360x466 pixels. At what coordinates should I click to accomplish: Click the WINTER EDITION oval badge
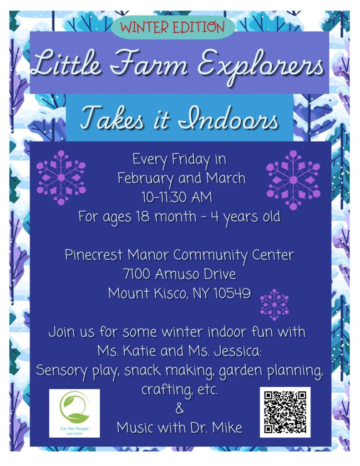[x=173, y=27]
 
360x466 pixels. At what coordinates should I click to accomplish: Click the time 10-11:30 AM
[x=177, y=197]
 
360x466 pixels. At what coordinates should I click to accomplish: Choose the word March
[x=226, y=178]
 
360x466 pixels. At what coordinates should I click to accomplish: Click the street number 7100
[x=137, y=274]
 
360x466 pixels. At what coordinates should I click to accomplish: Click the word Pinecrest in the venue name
[x=94, y=255]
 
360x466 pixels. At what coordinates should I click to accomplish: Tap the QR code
[x=285, y=412]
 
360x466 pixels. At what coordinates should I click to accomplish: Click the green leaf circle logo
[x=74, y=407]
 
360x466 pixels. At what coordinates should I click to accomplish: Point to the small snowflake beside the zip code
[x=274, y=304]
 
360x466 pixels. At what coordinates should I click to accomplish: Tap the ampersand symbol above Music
[x=180, y=409]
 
